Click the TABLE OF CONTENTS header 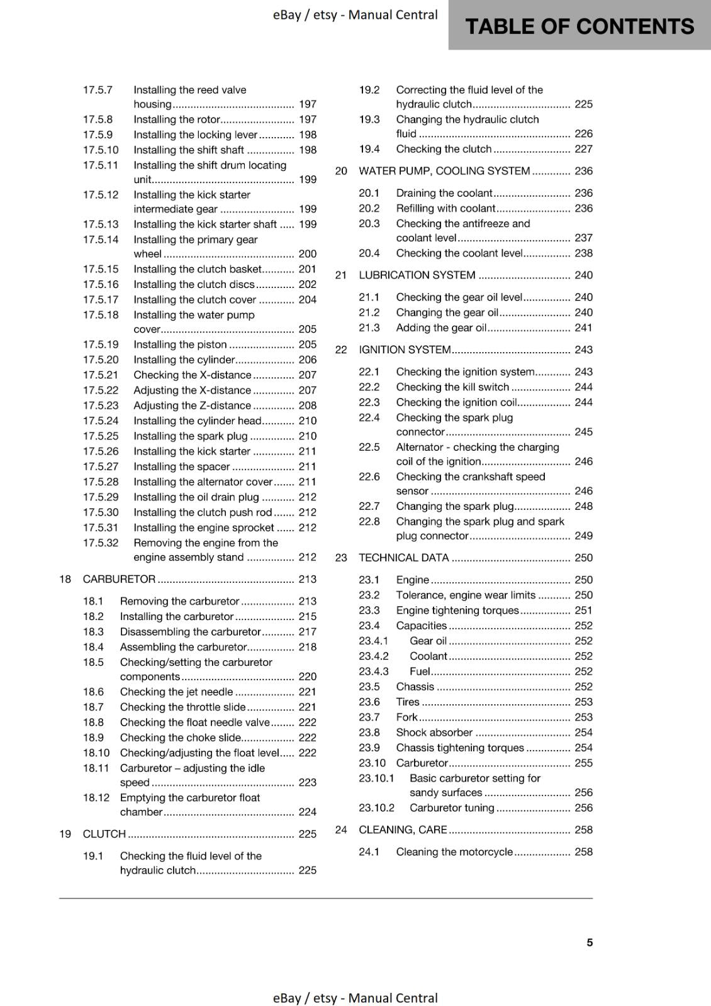click(579, 26)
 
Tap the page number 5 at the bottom click(590, 942)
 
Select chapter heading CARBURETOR click(119, 579)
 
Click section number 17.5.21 click(101, 375)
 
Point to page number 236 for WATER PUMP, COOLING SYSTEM click(583, 171)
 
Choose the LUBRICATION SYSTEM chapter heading click(417, 275)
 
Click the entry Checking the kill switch click(452, 387)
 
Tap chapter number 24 click(341, 830)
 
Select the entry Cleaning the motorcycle click(454, 852)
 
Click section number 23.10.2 click(376, 808)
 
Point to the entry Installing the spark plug click(190, 436)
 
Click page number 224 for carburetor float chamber click(307, 812)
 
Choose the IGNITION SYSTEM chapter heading click(405, 350)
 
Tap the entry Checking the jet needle click(176, 692)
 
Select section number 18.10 click(96, 753)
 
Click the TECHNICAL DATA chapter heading click(403, 558)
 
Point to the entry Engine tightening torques click(457, 611)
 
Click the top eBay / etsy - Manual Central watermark click(355, 15)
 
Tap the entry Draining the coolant click(444, 193)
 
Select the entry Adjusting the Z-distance click(192, 406)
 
